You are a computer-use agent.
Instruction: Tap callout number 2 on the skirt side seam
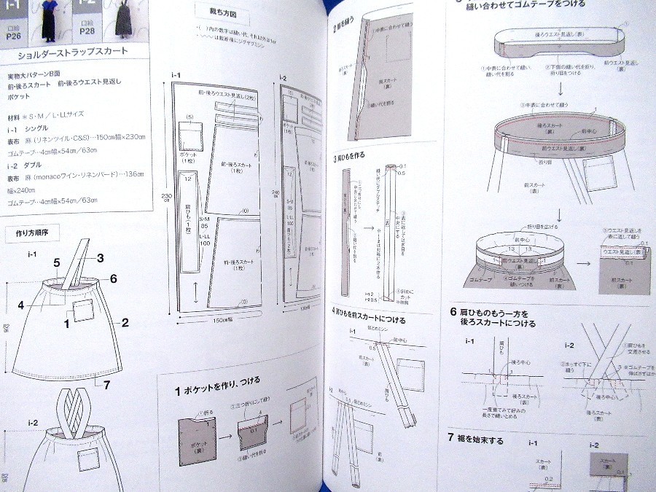pos(125,322)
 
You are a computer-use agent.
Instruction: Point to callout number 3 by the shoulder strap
pos(101,257)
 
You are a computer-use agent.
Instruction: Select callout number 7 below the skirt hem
pos(106,384)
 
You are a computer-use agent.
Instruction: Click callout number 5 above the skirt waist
pos(55,262)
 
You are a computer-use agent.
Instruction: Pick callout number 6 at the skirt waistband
pos(114,278)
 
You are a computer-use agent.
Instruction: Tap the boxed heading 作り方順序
pos(31,234)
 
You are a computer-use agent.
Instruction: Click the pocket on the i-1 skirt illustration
pos(82,310)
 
